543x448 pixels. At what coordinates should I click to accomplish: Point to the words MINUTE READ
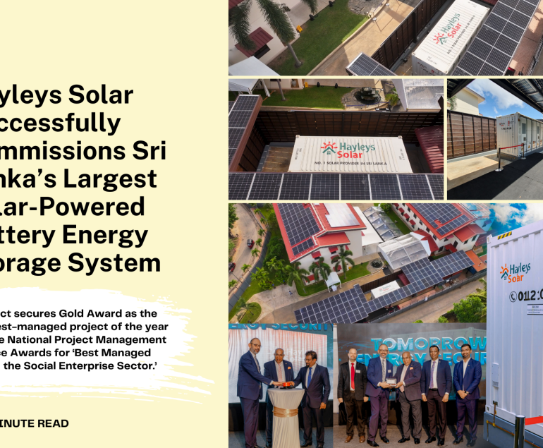35,423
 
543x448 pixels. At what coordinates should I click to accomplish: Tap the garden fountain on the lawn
367,95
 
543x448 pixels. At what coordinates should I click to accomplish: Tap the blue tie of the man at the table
309,377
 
